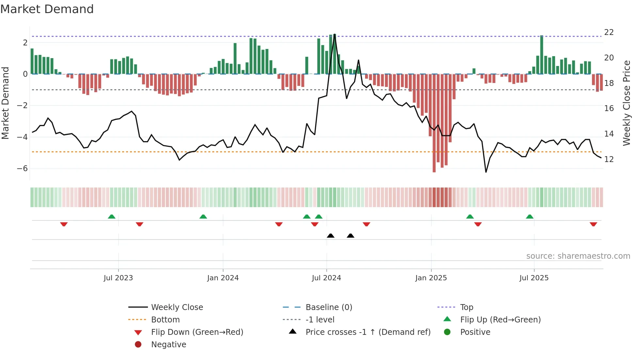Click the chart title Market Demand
tap(47, 9)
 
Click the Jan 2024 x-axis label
tap(223, 278)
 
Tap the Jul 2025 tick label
tap(534, 278)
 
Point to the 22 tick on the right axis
tap(609, 32)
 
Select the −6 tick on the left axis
tap(22, 169)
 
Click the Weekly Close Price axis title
tap(626, 103)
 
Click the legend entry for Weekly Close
tap(177, 307)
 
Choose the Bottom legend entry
tap(165, 320)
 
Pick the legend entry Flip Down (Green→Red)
tap(197, 332)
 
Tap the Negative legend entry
tap(168, 345)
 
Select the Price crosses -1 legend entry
tap(368, 332)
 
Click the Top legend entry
tap(466, 307)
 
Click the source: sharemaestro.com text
tap(578, 256)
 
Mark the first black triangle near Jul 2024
tap(330, 236)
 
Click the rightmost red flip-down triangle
tap(593, 224)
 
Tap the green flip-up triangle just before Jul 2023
tap(112, 217)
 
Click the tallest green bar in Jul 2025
tap(542, 55)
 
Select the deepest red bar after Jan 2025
tap(434, 124)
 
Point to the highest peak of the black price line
tap(335, 35)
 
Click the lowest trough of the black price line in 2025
tap(486, 172)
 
